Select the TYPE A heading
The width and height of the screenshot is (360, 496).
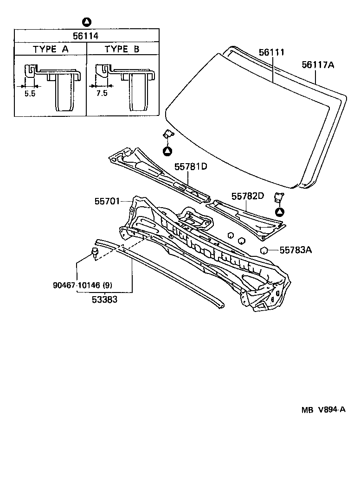pos(51,49)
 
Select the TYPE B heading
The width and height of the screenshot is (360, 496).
pos(122,49)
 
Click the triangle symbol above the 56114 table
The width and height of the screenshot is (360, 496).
pos(87,21)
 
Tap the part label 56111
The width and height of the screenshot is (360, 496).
pos(271,53)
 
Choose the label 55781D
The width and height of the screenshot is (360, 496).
pos(190,166)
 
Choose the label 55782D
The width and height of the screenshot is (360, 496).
pos(247,196)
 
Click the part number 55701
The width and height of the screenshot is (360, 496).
pos(107,201)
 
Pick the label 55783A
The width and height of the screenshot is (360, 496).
pos(296,250)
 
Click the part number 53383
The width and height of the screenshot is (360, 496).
pos(104,299)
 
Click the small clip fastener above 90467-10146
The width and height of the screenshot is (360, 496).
pos(95,253)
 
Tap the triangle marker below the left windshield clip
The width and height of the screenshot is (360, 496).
pos(167,151)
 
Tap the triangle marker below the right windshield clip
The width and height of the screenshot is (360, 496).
pos(279,212)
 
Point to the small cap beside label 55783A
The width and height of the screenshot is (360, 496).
pos(263,251)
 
